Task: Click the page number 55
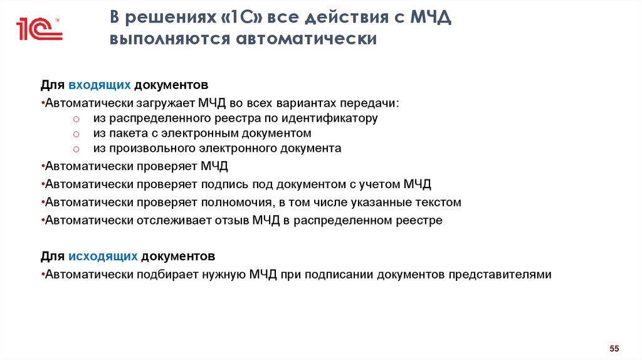(x=614, y=348)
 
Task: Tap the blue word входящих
(x=100, y=84)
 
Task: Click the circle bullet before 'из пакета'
(x=75, y=134)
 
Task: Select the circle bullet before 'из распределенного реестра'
(x=75, y=118)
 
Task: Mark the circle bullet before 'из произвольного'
(x=75, y=149)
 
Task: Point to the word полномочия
(x=238, y=203)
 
